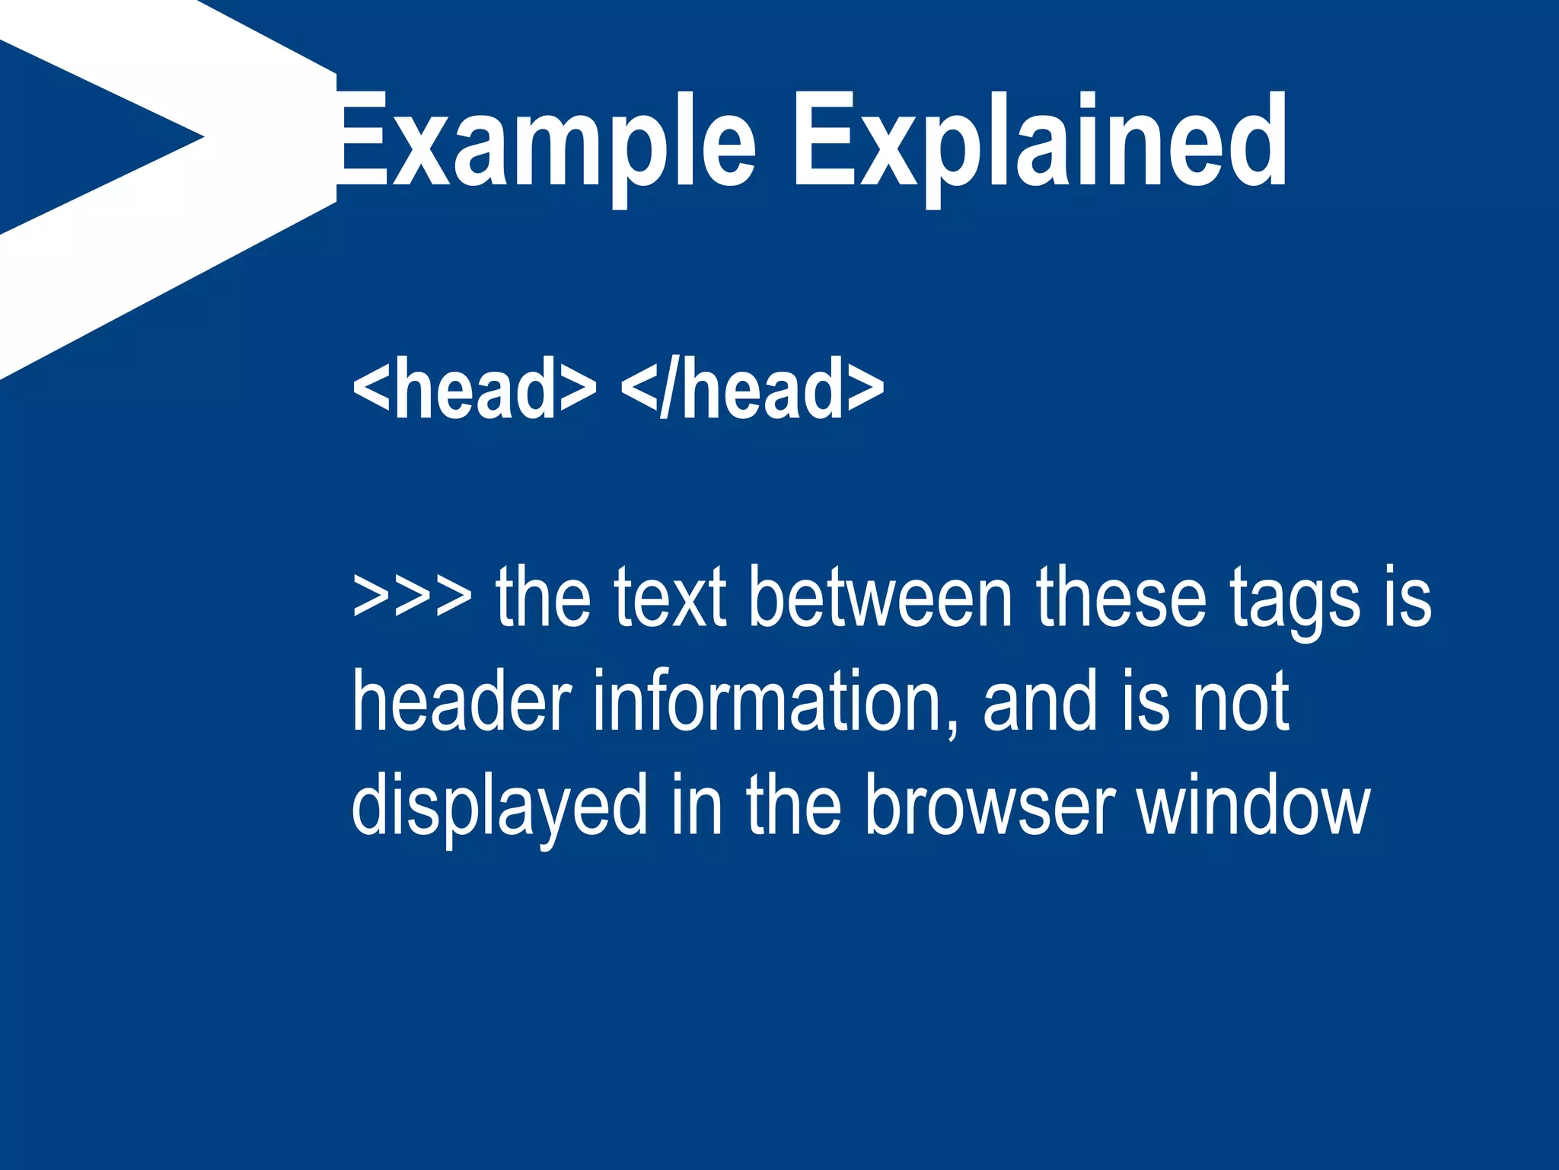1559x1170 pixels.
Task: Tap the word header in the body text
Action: pos(461,700)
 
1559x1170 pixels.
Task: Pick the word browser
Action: pos(990,804)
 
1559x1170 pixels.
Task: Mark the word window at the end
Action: pos(1253,804)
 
